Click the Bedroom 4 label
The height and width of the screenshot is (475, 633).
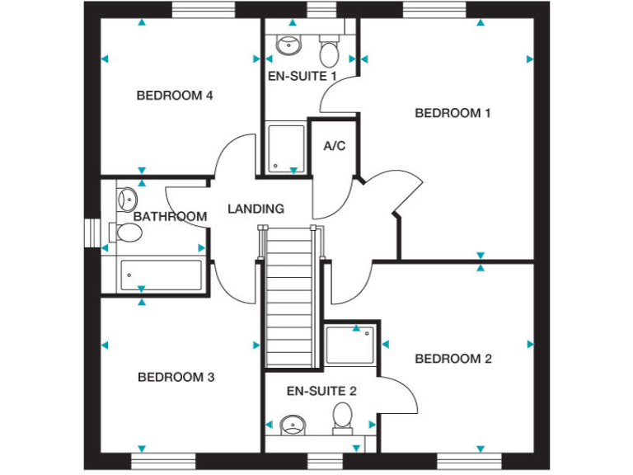[175, 96]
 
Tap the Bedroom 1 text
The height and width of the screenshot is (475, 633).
[452, 113]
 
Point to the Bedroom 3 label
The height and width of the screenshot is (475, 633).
[176, 377]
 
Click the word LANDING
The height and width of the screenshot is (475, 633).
[256, 209]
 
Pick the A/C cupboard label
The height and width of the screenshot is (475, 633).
[335, 147]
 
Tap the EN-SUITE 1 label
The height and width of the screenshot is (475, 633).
[302, 76]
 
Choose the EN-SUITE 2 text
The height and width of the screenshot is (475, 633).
[321, 391]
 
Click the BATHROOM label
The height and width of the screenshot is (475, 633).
[170, 217]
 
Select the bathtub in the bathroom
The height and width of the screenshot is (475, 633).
[161, 275]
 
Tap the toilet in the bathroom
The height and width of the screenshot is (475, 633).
[128, 233]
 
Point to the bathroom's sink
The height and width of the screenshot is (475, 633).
[128, 199]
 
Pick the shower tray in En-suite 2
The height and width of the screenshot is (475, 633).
[350, 345]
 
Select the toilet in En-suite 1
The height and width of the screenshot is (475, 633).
[329, 53]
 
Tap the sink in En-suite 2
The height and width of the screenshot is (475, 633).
[293, 426]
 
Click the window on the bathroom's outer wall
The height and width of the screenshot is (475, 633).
[91, 233]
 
